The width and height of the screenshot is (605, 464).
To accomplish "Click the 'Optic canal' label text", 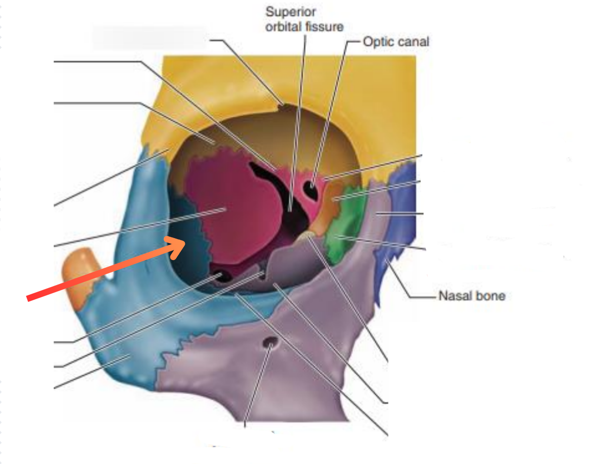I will [396, 41].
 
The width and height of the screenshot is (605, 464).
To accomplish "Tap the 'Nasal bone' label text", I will [471, 295].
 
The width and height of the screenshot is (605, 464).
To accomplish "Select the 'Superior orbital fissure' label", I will [304, 19].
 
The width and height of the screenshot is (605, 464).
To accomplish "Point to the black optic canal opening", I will [310, 190].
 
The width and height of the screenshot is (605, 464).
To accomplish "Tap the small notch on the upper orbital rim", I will [282, 105].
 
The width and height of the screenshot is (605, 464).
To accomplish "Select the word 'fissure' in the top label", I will [324, 27].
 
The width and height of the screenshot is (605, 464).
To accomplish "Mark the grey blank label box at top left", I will [149, 37].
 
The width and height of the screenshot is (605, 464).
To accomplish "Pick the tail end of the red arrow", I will [29, 299].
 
